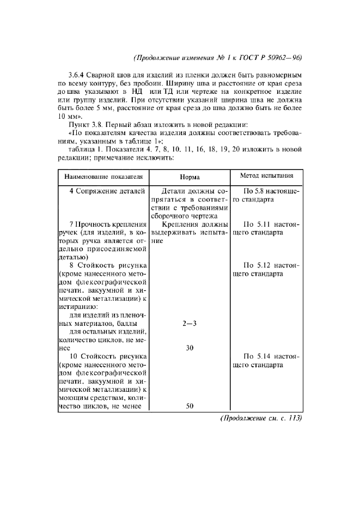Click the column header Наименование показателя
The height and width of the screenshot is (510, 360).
point(103,177)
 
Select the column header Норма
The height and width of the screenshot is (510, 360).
point(190,177)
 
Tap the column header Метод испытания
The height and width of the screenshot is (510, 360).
point(267,176)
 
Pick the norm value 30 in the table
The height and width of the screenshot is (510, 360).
point(190,348)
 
